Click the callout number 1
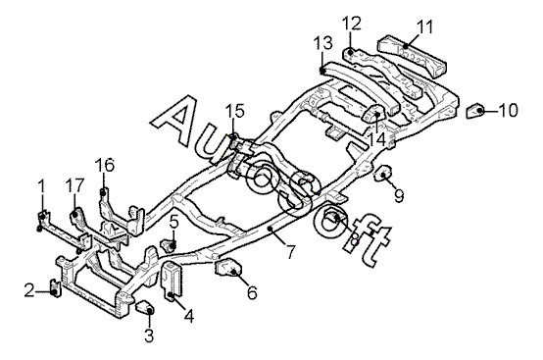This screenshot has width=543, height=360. tap(41, 186)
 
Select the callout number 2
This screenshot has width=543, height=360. tap(29, 290)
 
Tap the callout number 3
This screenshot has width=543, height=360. tap(149, 335)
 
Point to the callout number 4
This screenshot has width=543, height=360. tap(189, 316)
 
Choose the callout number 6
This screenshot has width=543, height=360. tap(252, 292)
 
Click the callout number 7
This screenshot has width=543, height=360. tap(290, 251)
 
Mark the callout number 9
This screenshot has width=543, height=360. tap(399, 196)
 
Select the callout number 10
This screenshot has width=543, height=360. tap(508, 110)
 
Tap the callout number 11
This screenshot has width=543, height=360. tap(424, 27)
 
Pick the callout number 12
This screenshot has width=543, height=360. tap(352, 24)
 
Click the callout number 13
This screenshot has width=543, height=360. tap(323, 43)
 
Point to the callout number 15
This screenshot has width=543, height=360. tap(235, 111)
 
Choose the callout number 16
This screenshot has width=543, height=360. tap(105, 165)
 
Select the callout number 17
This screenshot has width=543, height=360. tap(74, 185)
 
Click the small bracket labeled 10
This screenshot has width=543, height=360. tap(475, 111)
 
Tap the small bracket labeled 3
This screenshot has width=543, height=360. tap(145, 308)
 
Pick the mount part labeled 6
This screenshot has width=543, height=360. tap(228, 268)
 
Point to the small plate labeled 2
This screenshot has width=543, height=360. tap(56, 287)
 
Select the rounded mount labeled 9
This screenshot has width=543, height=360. tap(383, 173)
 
